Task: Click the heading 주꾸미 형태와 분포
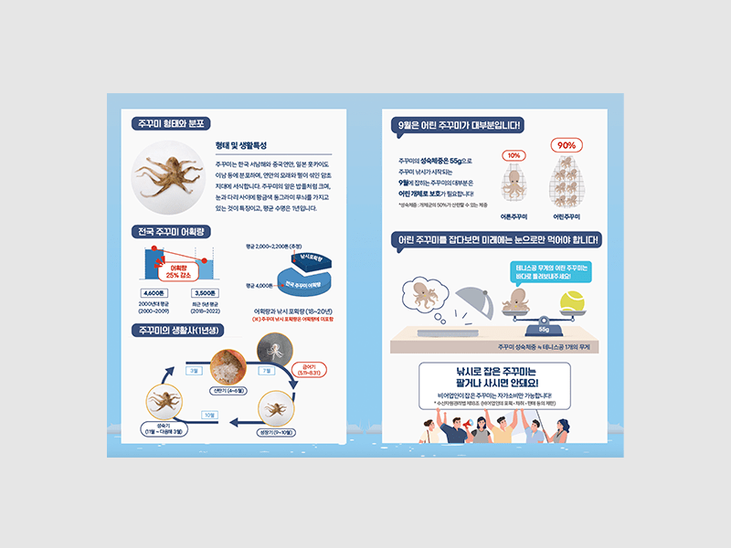(x=170, y=123)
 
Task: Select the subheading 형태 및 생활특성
(x=240, y=146)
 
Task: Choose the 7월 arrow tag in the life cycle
(x=267, y=371)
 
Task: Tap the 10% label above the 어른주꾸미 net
(x=514, y=155)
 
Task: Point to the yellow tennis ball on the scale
(x=572, y=301)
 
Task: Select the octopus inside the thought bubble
(x=422, y=294)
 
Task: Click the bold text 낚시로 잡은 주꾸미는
(x=493, y=372)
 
